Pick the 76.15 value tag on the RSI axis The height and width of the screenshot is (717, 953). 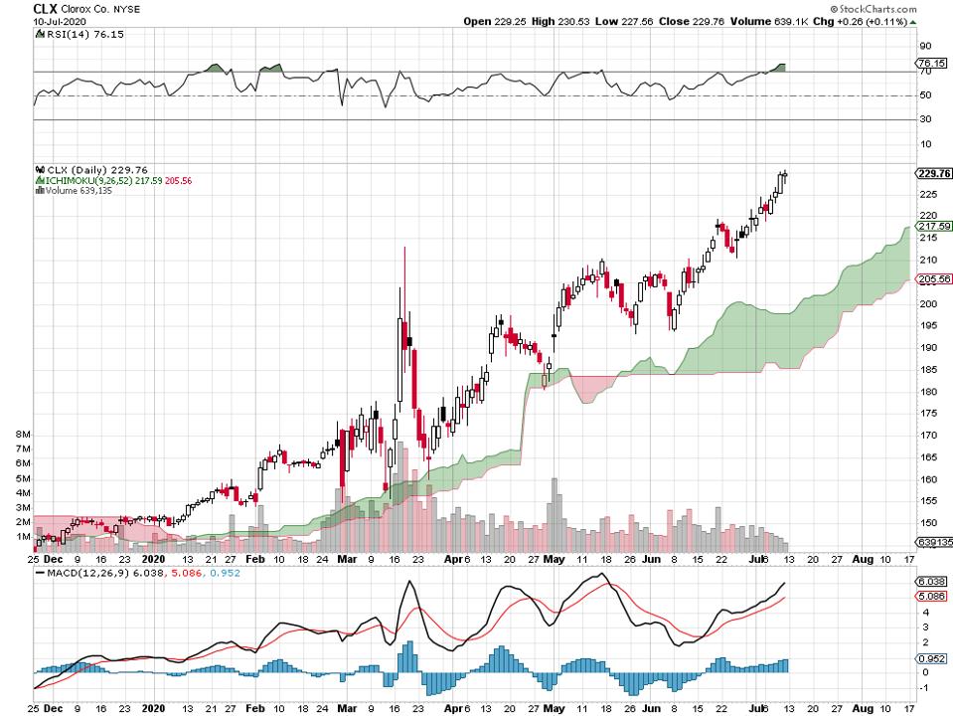coord(931,62)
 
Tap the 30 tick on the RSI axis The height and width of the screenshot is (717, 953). coord(924,120)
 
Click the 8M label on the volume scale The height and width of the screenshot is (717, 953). coord(22,436)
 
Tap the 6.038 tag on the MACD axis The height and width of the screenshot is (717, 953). coord(929,582)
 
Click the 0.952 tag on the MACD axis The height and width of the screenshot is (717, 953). coord(929,657)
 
